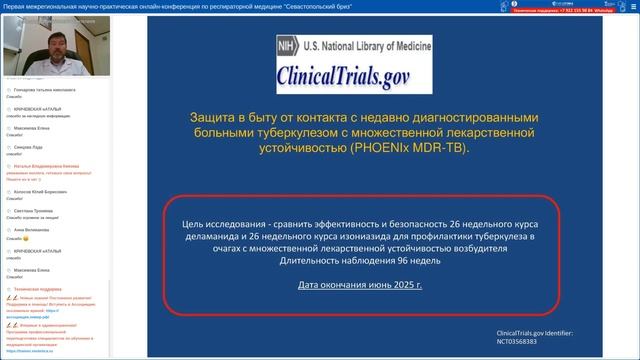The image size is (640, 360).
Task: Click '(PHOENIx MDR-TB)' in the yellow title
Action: pyautogui.click(x=409, y=146)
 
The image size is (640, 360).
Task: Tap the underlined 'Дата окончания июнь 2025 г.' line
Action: pyautogui.click(x=360, y=285)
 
